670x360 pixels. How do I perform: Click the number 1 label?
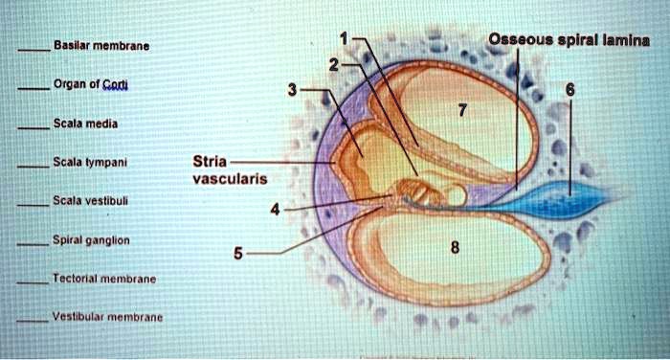344,39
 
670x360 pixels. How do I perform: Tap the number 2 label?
333,65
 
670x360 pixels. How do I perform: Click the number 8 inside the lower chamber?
455,248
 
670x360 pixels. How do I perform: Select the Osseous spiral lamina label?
569,40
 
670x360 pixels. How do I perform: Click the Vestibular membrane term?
107,316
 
